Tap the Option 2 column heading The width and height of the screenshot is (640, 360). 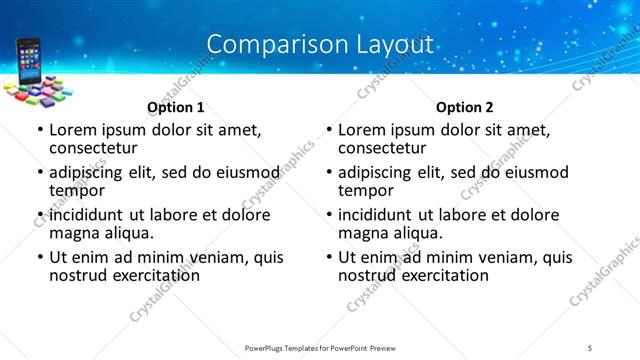pos(464,107)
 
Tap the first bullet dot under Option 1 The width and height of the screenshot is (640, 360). pos(39,130)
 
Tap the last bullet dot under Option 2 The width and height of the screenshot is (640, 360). pos(329,258)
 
